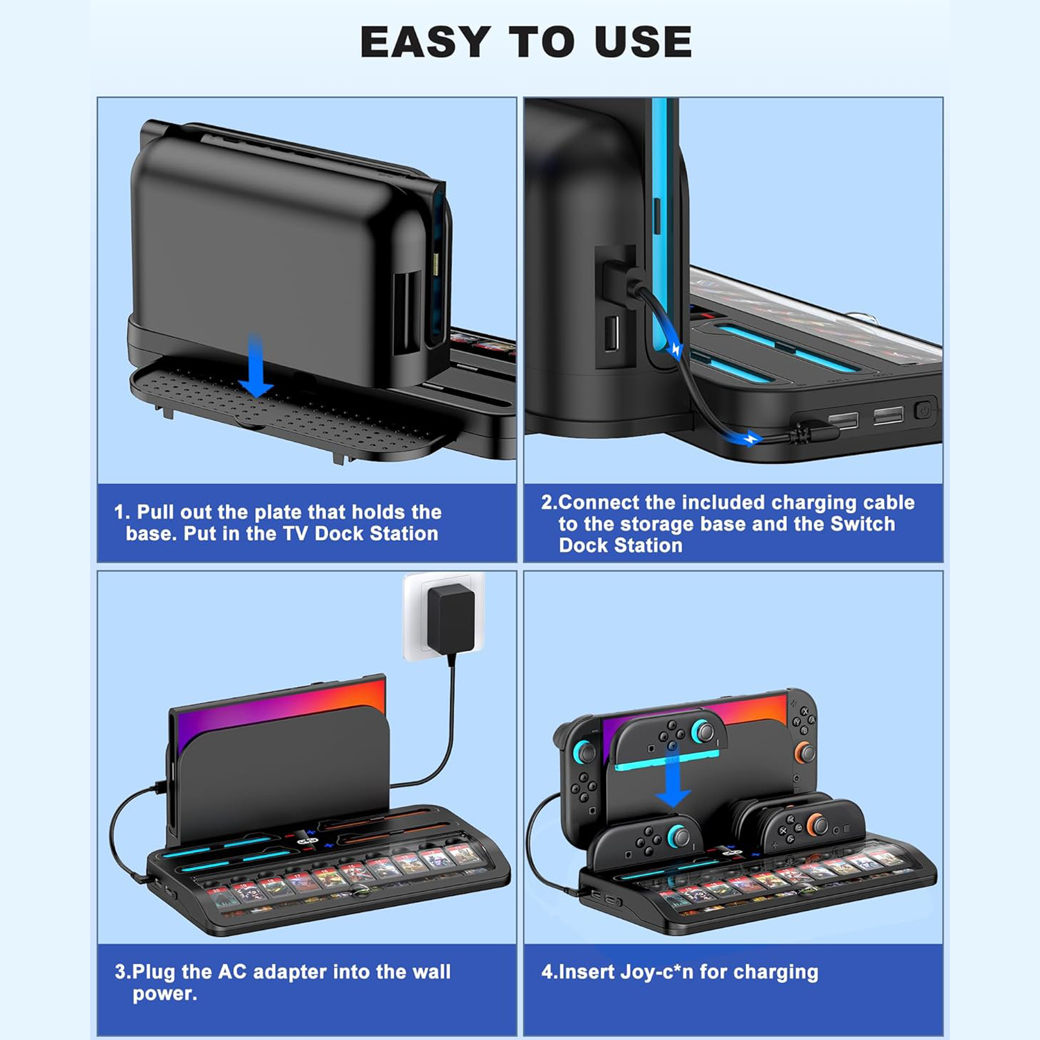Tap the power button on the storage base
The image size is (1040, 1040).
923,410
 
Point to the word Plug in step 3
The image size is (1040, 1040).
155,972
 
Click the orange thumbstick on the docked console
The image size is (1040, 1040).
804,753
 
